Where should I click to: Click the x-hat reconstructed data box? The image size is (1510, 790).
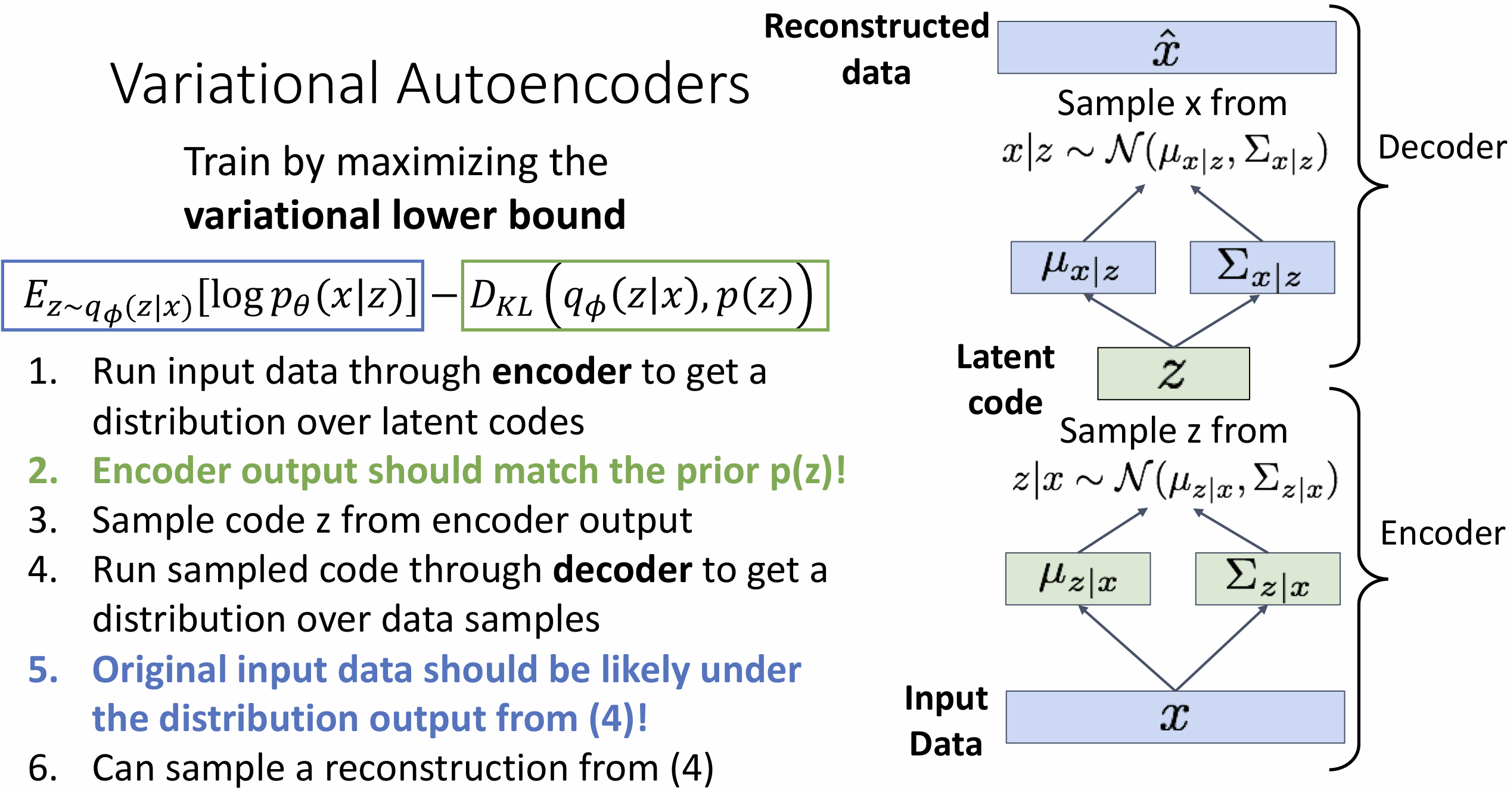(1167, 48)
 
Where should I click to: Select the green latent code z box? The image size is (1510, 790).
(1173, 374)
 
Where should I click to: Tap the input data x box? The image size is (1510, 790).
(1175, 717)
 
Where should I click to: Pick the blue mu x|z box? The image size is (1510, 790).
(1083, 268)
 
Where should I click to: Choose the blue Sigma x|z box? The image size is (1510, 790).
(1262, 268)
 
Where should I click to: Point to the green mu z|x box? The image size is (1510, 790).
(1078, 579)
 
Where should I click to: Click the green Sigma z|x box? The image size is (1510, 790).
(1268, 579)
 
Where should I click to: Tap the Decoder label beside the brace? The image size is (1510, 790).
(1443, 147)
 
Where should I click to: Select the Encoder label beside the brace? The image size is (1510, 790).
(1443, 533)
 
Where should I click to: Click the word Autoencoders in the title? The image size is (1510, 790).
(573, 84)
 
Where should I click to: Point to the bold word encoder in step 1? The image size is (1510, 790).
(561, 372)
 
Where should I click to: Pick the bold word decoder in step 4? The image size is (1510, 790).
(623, 570)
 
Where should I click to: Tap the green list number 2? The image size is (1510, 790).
(43, 471)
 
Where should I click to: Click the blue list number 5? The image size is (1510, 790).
(43, 670)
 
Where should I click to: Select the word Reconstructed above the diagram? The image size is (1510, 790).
(877, 27)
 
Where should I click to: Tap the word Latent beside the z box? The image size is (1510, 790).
(1005, 357)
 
